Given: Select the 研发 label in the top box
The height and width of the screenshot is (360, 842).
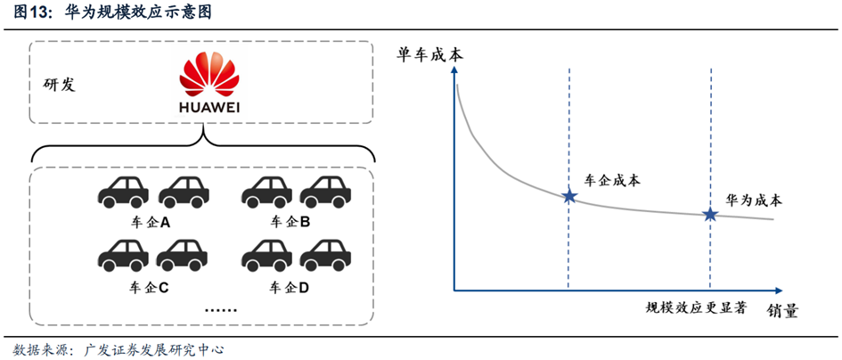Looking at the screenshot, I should pos(59,85).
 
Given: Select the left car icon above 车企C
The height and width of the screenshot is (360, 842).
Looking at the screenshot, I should pos(122,256).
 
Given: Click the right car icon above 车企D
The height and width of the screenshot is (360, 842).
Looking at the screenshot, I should pos(325,256).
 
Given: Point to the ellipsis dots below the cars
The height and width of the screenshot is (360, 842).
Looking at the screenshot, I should pos(220,310).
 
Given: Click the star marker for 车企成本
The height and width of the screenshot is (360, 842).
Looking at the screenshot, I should pos(568,196).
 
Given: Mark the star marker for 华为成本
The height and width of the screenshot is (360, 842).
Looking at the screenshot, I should pos(710,214).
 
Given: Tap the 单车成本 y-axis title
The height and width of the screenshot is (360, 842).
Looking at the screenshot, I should pos(429,54).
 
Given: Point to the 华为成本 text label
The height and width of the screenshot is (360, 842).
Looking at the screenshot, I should pos(755,199).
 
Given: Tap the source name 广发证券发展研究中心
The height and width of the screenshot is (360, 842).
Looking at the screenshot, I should pos(153,348).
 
